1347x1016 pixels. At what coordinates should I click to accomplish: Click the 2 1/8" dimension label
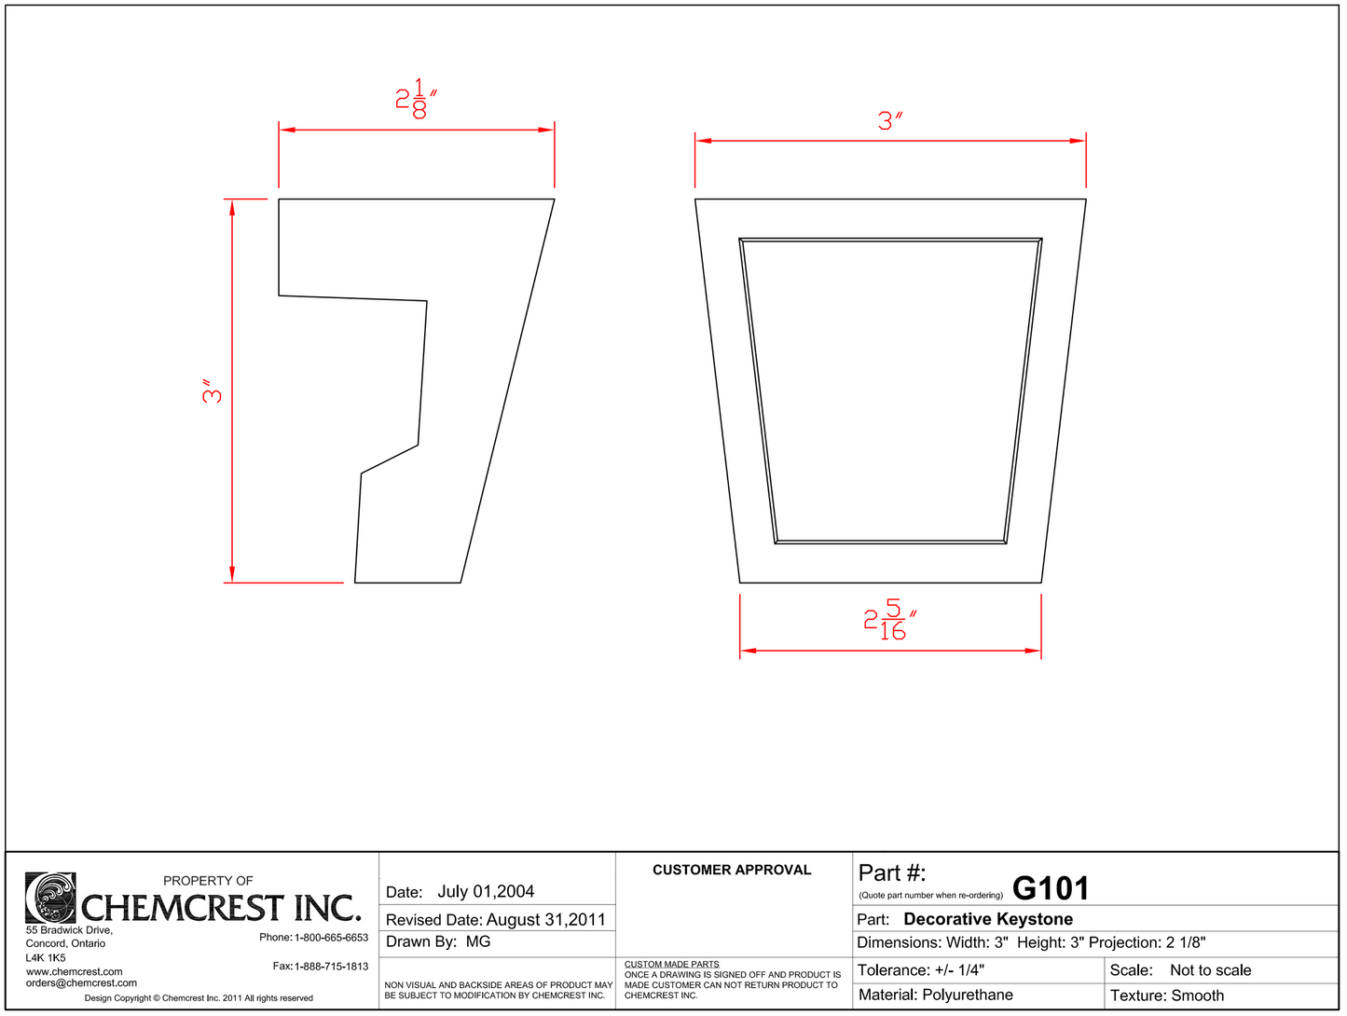coord(416,99)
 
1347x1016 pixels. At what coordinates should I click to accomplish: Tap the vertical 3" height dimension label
coord(213,391)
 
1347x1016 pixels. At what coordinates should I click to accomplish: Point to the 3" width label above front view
coord(890,121)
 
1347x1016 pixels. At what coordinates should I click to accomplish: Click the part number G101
coord(1050,888)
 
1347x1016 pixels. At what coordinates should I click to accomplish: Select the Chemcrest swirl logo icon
coord(50,898)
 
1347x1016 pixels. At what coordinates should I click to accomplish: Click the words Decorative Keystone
coord(987,919)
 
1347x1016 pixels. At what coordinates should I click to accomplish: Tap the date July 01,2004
coord(486,892)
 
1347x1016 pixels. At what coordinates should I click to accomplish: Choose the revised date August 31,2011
coord(545,920)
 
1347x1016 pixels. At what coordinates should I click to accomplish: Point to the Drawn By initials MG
coord(478,941)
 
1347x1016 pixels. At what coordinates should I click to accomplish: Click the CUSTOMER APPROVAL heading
coord(732,870)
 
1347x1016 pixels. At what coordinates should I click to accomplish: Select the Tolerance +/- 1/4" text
coord(920,970)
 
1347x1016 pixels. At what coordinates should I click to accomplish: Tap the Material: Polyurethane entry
coord(935,995)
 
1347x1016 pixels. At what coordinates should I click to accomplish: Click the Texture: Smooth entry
coord(1166,995)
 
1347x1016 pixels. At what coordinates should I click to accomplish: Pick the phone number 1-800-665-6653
coord(331,938)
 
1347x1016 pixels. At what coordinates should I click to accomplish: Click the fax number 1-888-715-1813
coord(331,967)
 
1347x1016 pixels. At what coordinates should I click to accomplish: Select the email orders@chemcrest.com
coord(81,983)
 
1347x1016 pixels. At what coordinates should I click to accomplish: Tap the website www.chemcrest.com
coord(75,972)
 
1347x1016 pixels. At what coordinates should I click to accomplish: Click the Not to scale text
coord(1210,970)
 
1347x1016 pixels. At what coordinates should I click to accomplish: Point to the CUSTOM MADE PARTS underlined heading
coord(671,965)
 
